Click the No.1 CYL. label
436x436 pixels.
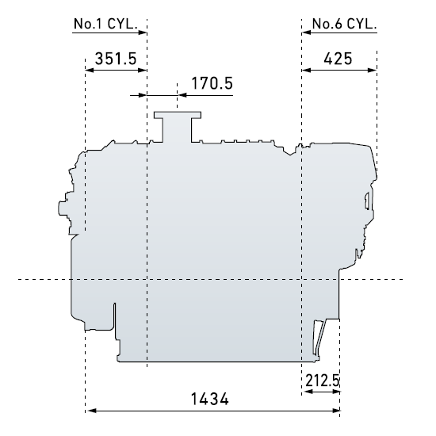click(x=105, y=24)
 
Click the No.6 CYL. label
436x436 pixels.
click(x=344, y=24)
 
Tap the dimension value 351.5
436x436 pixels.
click(x=116, y=59)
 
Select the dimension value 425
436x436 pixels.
click(x=338, y=59)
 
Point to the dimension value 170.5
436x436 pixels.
click(x=212, y=83)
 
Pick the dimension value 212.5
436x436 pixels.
click(x=323, y=381)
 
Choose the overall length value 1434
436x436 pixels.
click(x=210, y=400)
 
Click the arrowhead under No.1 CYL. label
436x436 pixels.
click(x=143, y=33)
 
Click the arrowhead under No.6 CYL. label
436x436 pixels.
click(x=307, y=33)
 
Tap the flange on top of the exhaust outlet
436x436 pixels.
click(x=178, y=115)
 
